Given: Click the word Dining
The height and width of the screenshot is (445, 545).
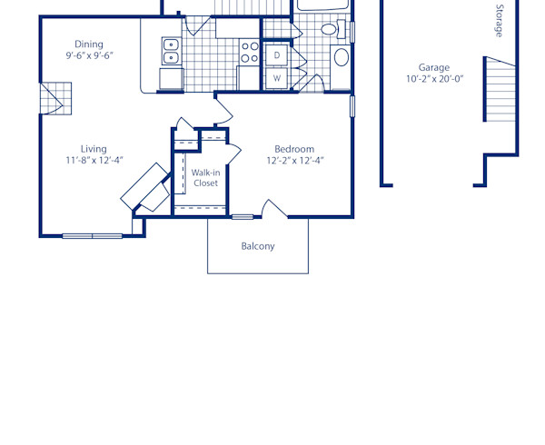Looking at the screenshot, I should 89,44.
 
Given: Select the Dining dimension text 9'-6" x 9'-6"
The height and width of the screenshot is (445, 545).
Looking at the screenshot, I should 89,55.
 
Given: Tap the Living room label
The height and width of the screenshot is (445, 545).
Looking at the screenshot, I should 94,149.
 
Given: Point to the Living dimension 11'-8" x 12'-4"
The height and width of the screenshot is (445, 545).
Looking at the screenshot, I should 94,161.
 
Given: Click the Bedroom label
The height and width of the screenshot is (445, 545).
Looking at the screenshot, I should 294,149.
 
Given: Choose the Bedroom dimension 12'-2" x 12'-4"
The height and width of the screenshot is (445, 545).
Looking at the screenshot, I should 294,161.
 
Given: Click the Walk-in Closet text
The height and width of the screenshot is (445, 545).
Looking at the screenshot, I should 205,177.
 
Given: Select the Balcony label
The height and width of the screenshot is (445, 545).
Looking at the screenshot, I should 258,246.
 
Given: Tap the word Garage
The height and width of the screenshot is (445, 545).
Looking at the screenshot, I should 434,67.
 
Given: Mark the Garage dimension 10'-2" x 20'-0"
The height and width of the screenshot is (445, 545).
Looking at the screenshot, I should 434,79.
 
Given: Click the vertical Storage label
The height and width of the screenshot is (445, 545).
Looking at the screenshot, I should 499,20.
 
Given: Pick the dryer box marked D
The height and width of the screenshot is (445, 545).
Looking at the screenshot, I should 277,55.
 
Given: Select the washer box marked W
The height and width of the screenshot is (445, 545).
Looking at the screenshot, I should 277,78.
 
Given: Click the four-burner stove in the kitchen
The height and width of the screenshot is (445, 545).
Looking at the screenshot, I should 248,52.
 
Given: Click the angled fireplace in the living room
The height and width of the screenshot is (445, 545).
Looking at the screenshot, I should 145,188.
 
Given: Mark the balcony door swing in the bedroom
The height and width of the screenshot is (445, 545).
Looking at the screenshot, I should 274,210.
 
